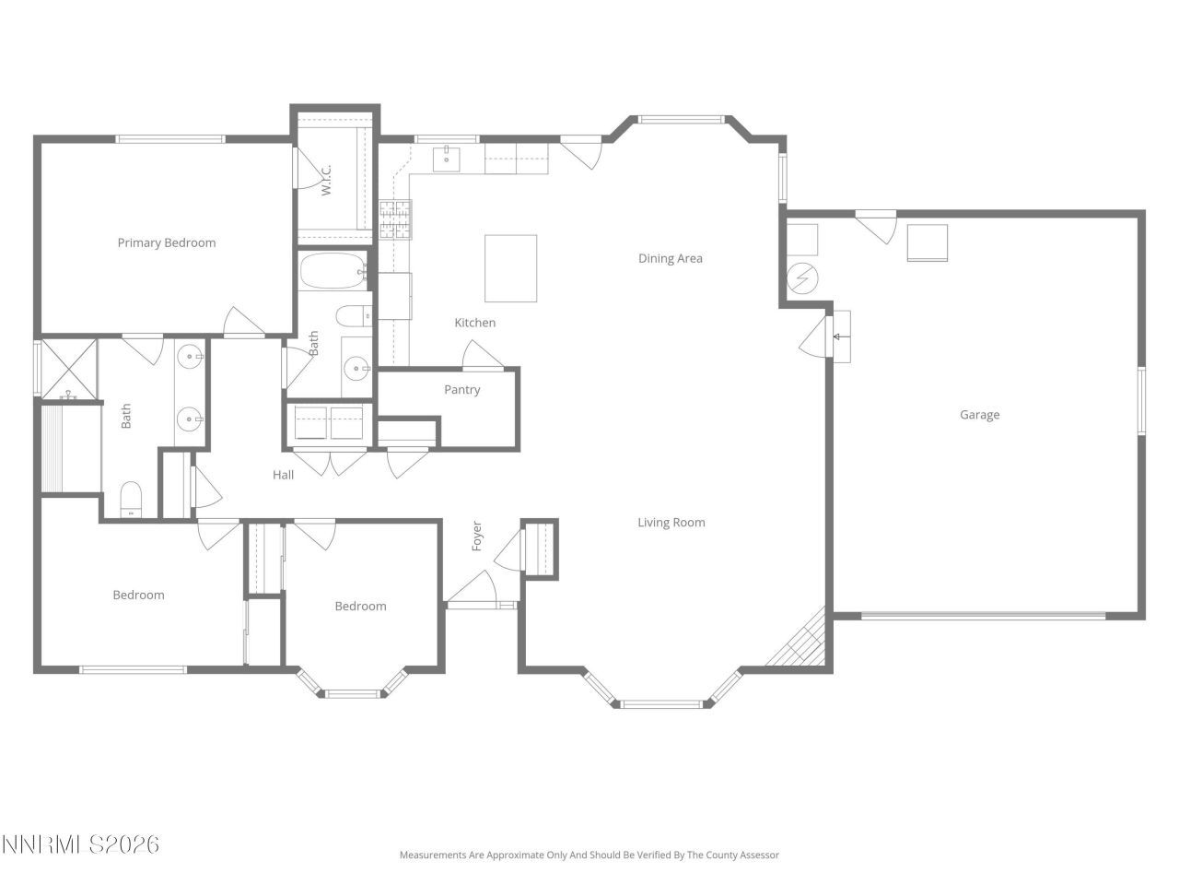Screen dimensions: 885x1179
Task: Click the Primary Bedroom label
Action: [167, 243]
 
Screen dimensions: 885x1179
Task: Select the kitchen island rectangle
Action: [511, 268]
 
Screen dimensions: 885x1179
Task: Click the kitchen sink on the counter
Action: [447, 159]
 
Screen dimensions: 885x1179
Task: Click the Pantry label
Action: [462, 390]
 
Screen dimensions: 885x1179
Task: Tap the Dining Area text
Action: [671, 259]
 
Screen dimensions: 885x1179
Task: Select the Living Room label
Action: [671, 523]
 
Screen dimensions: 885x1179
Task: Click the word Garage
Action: [979, 415]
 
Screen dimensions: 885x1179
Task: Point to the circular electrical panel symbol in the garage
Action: [802, 277]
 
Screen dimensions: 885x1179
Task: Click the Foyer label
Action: [477, 537]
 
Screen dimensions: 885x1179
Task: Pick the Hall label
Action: [284, 475]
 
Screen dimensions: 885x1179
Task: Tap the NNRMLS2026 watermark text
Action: [81, 844]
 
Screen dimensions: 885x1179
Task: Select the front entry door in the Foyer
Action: [472, 590]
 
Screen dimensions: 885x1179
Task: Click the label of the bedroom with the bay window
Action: [360, 607]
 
